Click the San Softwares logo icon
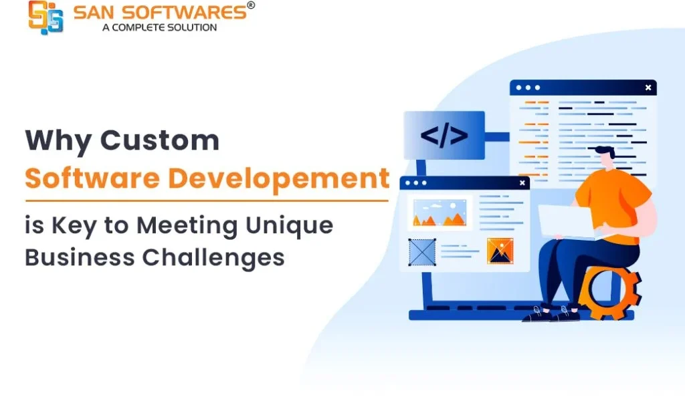tap(46, 17)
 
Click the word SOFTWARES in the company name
tap(184, 12)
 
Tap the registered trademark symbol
tap(251, 5)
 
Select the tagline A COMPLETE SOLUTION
tap(159, 27)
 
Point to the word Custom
tap(160, 140)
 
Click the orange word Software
tap(92, 178)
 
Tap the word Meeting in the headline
tap(187, 227)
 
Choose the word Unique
tap(289, 227)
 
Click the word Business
tap(80, 257)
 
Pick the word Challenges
tap(213, 258)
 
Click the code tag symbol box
tap(444, 135)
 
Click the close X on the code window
tap(648, 88)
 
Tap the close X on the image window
tap(522, 183)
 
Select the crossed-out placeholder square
tap(422, 252)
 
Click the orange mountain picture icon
tap(500, 251)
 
